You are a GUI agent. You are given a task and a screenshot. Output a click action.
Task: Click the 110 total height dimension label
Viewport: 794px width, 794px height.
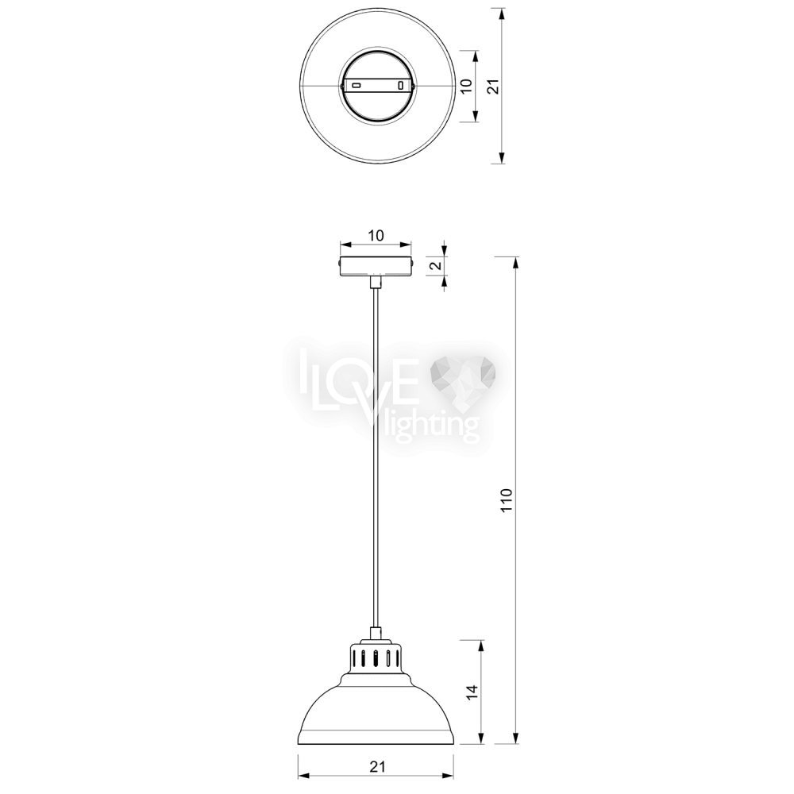click(507, 501)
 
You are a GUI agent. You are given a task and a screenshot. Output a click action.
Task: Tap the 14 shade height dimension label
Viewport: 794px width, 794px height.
click(472, 692)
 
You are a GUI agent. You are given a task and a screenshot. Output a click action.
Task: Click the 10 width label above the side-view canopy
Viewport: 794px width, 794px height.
click(376, 236)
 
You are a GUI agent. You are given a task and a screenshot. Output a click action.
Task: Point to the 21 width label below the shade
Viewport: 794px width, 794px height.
click(377, 766)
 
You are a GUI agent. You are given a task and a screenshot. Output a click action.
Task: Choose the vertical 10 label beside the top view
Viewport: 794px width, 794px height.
click(467, 86)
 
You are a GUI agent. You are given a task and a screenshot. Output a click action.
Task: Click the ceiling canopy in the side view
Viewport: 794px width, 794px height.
click(376, 266)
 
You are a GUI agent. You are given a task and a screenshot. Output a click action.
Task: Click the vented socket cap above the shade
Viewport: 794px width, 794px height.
click(376, 657)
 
